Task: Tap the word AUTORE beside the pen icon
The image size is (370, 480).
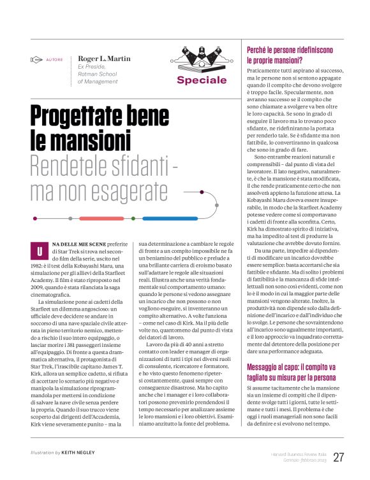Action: (54, 60)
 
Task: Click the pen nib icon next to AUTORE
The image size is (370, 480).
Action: (36, 60)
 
